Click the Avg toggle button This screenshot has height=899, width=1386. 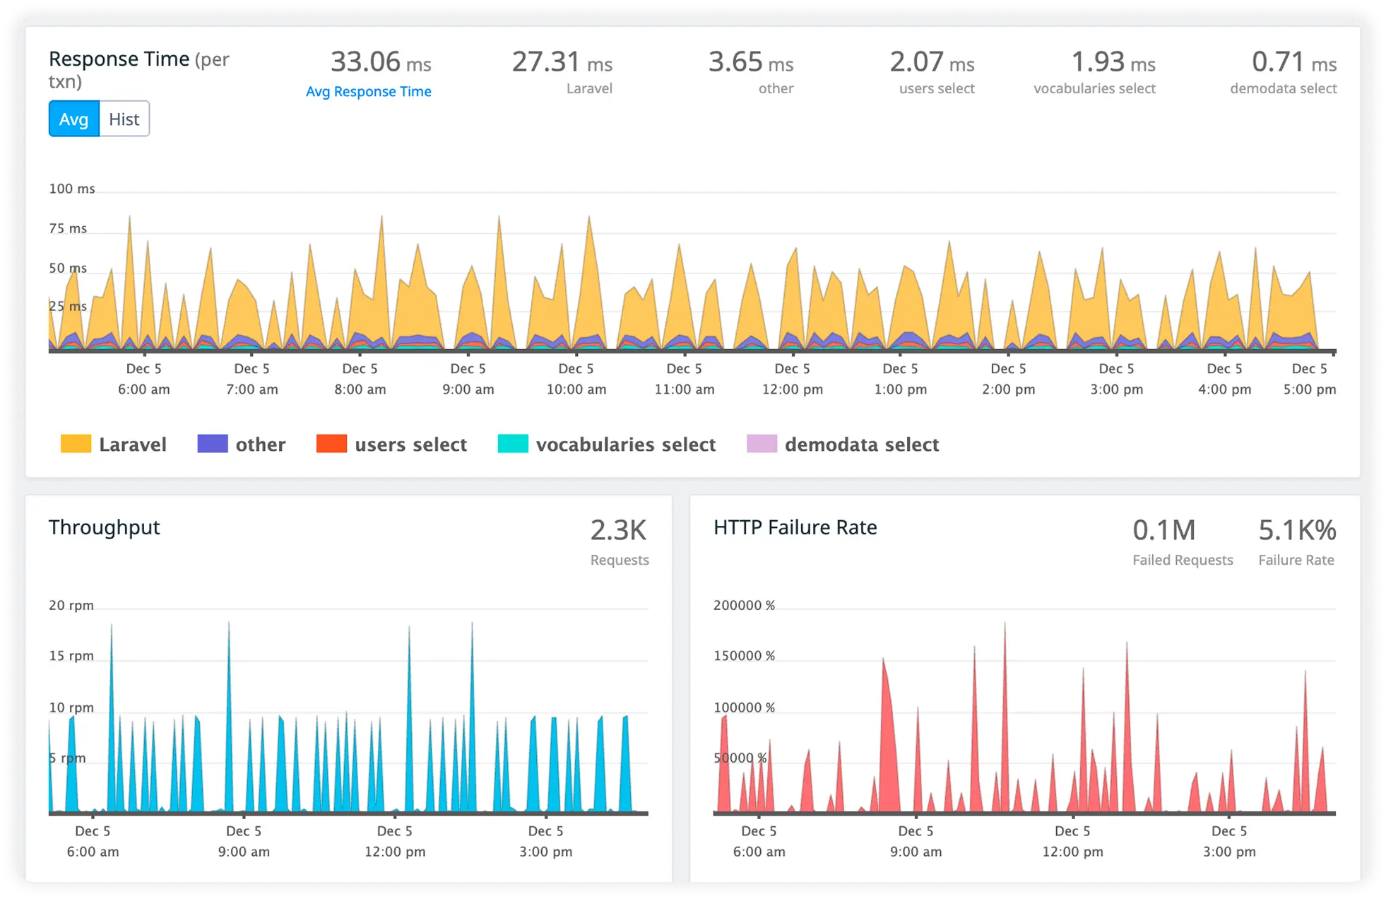click(x=73, y=119)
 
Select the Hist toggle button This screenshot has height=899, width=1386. click(x=124, y=119)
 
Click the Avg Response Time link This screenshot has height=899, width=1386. click(x=368, y=91)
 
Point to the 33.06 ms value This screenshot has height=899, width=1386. click(x=380, y=62)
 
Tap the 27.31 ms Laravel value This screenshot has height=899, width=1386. click(x=562, y=62)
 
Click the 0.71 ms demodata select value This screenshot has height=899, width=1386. click(x=1293, y=62)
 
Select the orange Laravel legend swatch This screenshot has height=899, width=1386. click(x=76, y=444)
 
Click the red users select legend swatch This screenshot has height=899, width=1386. click(x=331, y=444)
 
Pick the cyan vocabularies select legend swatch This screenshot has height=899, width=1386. click(x=513, y=444)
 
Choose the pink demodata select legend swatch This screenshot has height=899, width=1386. click(x=762, y=444)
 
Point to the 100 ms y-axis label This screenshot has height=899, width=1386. click(x=71, y=189)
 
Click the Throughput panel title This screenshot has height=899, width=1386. click(x=104, y=527)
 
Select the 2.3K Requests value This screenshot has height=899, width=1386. click(x=618, y=531)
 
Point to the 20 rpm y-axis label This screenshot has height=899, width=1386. click(x=71, y=605)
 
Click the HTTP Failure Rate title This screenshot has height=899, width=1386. click(x=795, y=527)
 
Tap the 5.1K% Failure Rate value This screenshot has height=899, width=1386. click(x=1296, y=531)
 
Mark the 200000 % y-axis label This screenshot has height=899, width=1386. click(x=744, y=605)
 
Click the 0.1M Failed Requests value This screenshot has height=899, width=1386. click(x=1163, y=531)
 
